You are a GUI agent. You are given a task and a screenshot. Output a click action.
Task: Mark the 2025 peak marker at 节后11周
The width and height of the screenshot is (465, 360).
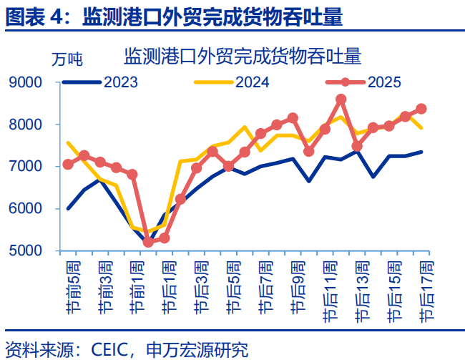click(341, 99)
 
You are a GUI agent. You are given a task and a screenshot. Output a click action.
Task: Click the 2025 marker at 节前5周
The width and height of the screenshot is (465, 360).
click(68, 164)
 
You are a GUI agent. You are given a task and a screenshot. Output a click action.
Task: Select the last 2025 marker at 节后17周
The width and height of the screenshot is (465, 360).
click(421, 109)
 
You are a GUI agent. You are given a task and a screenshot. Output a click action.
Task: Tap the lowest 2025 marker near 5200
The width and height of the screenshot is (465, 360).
click(148, 242)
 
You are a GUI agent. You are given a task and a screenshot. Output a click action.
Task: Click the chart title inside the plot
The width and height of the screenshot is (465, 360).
click(243, 56)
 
